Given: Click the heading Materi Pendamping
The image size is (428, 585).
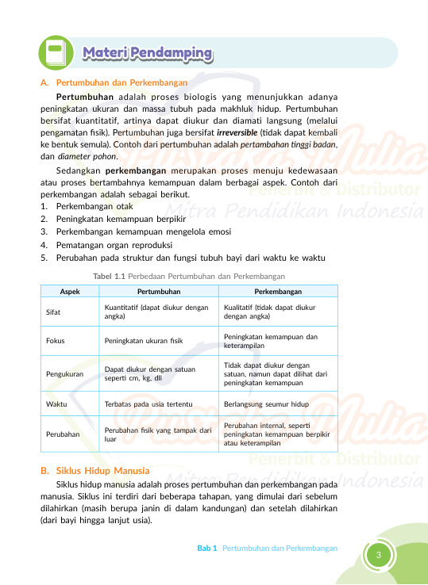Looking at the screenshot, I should point(148,54).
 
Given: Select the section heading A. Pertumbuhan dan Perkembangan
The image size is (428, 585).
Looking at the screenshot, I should point(114,82).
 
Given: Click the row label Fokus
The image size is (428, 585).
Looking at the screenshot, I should point(55,340).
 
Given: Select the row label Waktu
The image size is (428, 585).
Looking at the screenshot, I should point(56,403).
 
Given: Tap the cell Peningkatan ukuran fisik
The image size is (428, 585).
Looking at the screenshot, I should point(144,340).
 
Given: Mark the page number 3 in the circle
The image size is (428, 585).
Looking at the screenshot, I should point(380,553).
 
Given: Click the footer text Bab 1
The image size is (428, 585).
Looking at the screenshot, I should point(207,549).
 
